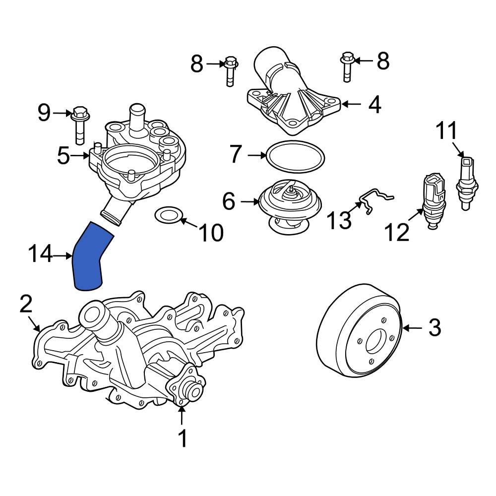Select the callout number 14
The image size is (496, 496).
click(40, 255)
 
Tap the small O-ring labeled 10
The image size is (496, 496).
click(168, 215)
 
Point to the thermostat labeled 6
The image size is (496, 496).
click(289, 203)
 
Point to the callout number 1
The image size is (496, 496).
click(183, 438)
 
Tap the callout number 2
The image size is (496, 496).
click(26, 304)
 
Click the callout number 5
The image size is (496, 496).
click(63, 155)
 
